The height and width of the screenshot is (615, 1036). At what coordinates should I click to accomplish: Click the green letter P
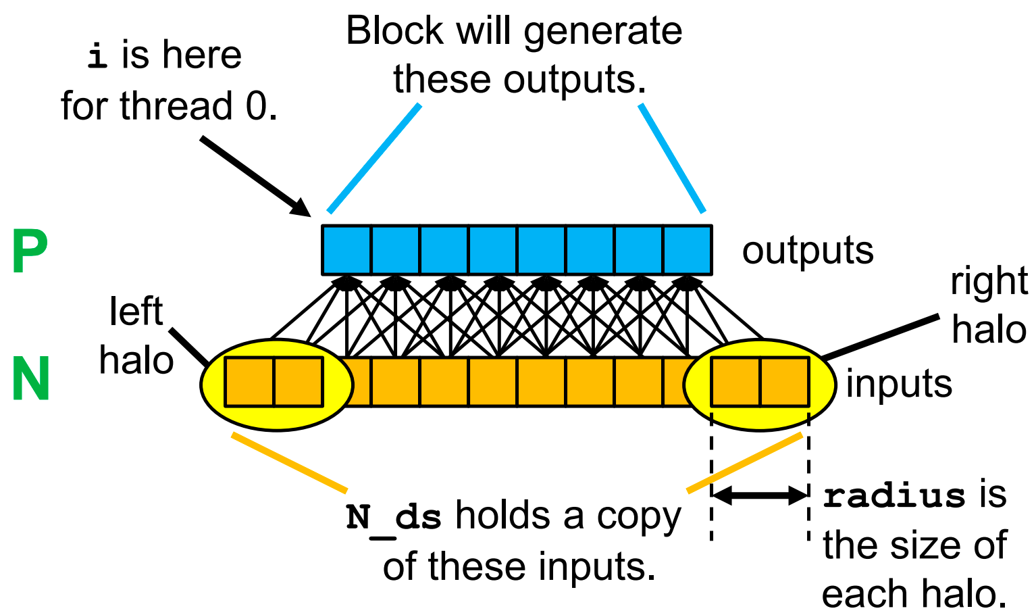[30, 252]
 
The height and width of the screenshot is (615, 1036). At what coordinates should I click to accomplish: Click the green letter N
[31, 379]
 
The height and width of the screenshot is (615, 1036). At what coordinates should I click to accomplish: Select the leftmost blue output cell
[346, 249]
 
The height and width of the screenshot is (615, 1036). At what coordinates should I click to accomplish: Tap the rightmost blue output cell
[687, 249]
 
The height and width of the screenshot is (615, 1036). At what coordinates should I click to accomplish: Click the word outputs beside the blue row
[807, 251]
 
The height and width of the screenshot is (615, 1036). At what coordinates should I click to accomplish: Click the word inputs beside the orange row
[898, 384]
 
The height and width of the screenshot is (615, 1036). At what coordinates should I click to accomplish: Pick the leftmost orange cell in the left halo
[249, 383]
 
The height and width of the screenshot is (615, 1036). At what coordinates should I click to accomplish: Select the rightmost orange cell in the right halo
[784, 383]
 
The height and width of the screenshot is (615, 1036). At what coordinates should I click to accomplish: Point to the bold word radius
[894, 496]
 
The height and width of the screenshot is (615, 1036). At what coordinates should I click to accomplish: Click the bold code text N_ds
[394, 517]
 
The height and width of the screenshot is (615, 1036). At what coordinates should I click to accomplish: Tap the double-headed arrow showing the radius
[760, 495]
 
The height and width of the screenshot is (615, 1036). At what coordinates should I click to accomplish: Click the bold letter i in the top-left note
[97, 55]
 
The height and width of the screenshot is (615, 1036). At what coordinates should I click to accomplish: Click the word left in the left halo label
[136, 312]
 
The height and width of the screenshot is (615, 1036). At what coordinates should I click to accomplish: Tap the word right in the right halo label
[989, 282]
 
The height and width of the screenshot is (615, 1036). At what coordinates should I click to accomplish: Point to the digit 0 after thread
[257, 107]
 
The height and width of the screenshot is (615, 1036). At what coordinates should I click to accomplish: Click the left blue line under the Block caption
[373, 158]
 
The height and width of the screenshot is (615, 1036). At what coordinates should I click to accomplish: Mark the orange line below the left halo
[289, 462]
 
